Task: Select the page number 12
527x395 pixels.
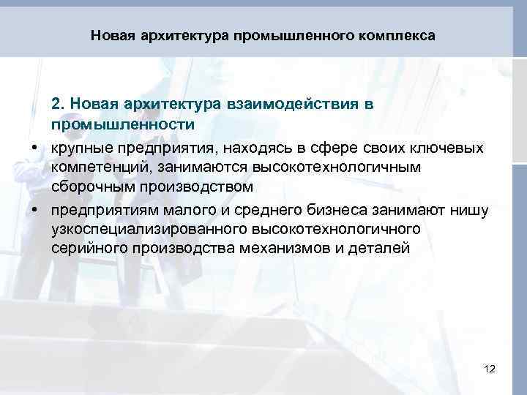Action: click(490, 369)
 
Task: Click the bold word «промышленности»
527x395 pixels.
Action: click(123, 124)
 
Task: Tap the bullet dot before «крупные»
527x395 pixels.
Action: click(34, 148)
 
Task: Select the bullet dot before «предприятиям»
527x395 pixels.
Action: click(34, 211)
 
